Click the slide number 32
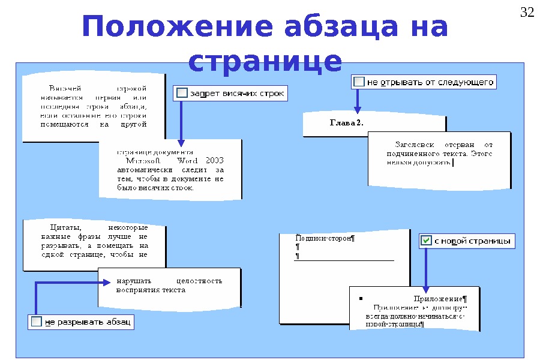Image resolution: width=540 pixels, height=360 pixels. click(526, 13)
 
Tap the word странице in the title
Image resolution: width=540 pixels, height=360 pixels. click(265, 61)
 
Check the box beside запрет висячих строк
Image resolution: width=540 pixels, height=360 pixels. click(182, 93)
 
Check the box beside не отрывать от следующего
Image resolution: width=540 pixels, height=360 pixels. click(359, 82)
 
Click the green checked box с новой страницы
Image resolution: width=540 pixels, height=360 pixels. click(426, 241)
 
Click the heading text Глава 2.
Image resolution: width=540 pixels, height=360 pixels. click(346, 123)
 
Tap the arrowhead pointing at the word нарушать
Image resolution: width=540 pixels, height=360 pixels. click(106, 281)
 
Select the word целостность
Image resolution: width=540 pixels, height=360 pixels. click(200, 281)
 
